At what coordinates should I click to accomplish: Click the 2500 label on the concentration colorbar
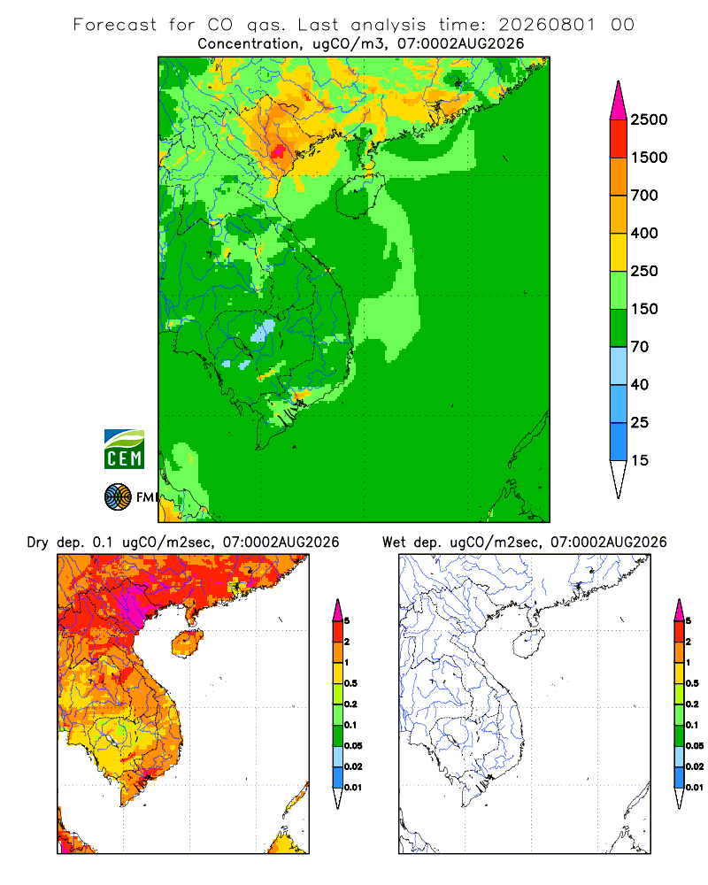[x=649, y=119]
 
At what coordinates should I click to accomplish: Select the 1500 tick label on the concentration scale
[x=649, y=158]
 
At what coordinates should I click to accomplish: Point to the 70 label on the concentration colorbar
[x=639, y=347]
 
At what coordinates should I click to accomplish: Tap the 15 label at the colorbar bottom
[x=639, y=460]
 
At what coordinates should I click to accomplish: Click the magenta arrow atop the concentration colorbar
[x=619, y=102]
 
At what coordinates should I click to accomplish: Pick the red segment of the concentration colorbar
[x=619, y=139]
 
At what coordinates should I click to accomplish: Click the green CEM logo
[x=124, y=450]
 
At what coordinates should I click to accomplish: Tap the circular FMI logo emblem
[x=118, y=497]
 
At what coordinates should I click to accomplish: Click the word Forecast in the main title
[x=115, y=25]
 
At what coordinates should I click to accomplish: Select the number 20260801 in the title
[x=547, y=25]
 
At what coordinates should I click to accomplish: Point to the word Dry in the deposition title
[x=38, y=543]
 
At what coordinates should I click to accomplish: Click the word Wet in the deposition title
[x=394, y=543]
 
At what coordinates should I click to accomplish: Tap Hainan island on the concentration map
[x=359, y=196]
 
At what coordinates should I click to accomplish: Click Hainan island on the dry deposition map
[x=188, y=644]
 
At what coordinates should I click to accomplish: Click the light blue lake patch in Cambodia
[x=263, y=331]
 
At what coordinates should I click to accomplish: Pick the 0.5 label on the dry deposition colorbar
[x=350, y=683]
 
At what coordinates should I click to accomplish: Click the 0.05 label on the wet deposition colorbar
[x=695, y=746]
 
